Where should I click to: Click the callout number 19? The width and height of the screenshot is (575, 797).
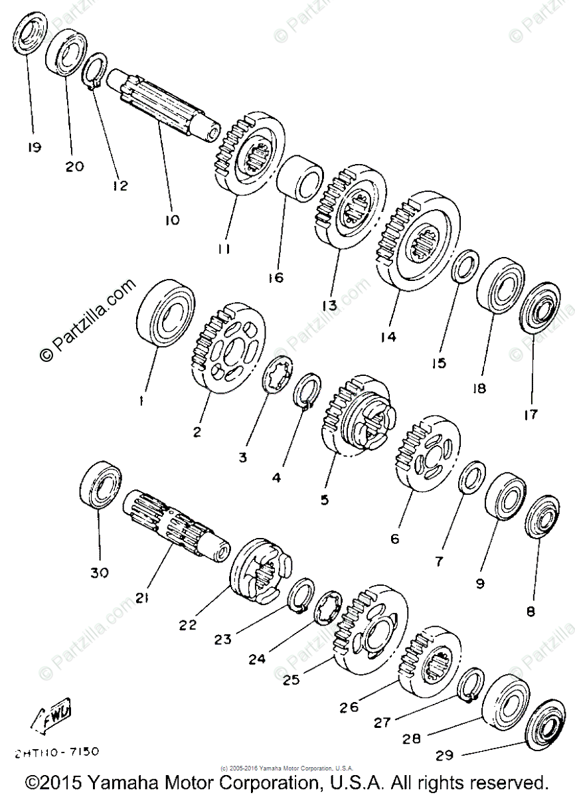(x=33, y=147)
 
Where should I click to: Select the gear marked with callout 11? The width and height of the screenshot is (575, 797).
(x=251, y=153)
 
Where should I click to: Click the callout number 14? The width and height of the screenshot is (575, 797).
(x=388, y=337)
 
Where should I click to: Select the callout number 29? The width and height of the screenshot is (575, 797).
(x=446, y=755)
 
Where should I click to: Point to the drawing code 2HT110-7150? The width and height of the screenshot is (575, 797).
(x=56, y=752)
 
